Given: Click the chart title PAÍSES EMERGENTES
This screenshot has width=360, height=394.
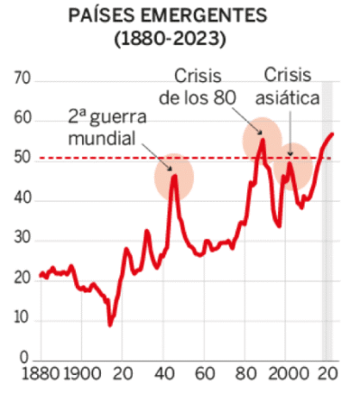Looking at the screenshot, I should [x=179, y=16].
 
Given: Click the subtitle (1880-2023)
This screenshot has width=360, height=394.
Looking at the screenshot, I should [x=179, y=38].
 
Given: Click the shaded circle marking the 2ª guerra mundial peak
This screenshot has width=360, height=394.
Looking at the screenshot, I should [x=174, y=177].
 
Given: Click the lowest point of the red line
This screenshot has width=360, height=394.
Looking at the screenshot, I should [x=110, y=325].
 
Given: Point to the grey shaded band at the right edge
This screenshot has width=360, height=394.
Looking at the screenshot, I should [x=326, y=259].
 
